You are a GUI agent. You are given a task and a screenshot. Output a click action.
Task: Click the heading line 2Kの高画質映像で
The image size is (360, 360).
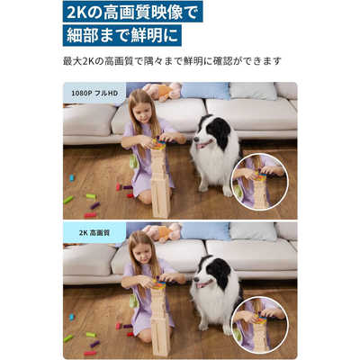click(x=132, y=12)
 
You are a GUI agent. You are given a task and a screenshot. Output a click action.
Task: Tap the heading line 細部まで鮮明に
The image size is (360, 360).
click(x=121, y=36)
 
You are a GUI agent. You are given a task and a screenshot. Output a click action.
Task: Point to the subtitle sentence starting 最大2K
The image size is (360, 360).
click(x=172, y=61)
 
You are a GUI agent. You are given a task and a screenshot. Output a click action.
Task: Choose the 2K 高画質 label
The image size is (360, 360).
click(x=94, y=232)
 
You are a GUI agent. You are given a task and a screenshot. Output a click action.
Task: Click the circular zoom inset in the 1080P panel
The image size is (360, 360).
click(x=259, y=181)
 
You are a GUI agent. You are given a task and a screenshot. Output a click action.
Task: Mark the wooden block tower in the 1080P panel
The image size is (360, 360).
click(x=159, y=180)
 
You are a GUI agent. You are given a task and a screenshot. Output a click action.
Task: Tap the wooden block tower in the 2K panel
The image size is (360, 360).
click(x=159, y=319)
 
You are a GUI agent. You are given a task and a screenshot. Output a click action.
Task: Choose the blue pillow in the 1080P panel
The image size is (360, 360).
click(x=205, y=90)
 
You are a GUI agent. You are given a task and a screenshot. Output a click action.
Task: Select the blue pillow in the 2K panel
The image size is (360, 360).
click(x=205, y=230)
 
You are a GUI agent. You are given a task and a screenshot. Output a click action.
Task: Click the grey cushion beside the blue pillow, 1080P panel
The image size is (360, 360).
click(x=253, y=90)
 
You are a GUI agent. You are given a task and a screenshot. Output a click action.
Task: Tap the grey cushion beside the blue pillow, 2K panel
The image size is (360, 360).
click(x=253, y=230)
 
